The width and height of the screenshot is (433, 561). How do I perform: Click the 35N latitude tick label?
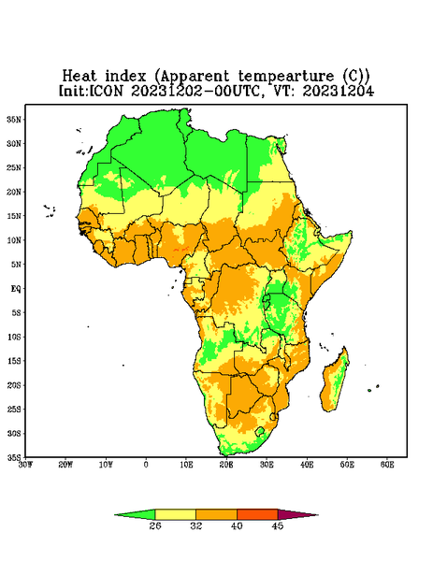click(14, 119)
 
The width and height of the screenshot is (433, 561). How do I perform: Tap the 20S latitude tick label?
click(14, 385)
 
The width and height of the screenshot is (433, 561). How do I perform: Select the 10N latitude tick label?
click(14, 240)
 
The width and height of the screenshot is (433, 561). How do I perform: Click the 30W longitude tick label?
click(26, 465)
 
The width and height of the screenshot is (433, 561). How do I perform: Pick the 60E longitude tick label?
click(387, 465)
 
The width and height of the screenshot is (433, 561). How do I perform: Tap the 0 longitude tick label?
click(146, 465)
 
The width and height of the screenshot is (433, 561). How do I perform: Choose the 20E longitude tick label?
click(226, 465)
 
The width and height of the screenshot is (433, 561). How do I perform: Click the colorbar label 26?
click(155, 525)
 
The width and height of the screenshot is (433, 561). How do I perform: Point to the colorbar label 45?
click(278, 525)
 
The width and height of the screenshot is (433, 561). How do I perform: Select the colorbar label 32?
click(196, 525)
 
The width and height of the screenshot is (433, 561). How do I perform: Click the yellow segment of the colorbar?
click(175, 514)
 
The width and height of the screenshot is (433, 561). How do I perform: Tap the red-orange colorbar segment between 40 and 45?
click(257, 514)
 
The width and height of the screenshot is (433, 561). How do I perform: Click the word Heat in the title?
click(79, 76)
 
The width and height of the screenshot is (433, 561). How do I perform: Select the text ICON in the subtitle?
click(106, 91)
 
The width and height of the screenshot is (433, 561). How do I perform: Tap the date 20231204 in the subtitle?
click(339, 91)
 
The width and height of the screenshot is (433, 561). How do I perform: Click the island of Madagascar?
click(334, 382)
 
